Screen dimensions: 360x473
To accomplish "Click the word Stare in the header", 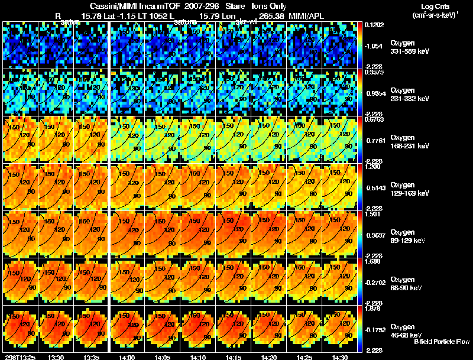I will pyautogui.click(x=235, y=6).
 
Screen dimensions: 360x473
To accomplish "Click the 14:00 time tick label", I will pyautogui.click(x=127, y=356).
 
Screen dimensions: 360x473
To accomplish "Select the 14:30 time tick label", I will pyautogui.click(x=339, y=356).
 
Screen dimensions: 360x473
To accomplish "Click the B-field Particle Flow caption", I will pyautogui.click(x=441, y=341).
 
